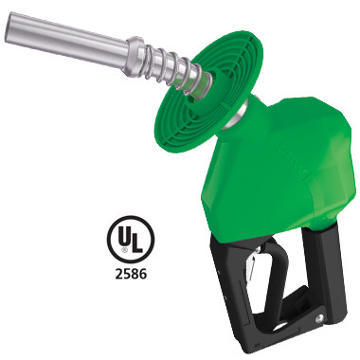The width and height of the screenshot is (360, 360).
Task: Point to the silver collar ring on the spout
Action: pyautogui.click(x=133, y=56)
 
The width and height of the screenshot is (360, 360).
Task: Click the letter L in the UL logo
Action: pyautogui.click(x=136, y=243)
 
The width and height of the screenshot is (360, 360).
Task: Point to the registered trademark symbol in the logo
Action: pyautogui.click(x=124, y=251)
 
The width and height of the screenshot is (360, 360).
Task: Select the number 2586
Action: pyautogui.click(x=131, y=274)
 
